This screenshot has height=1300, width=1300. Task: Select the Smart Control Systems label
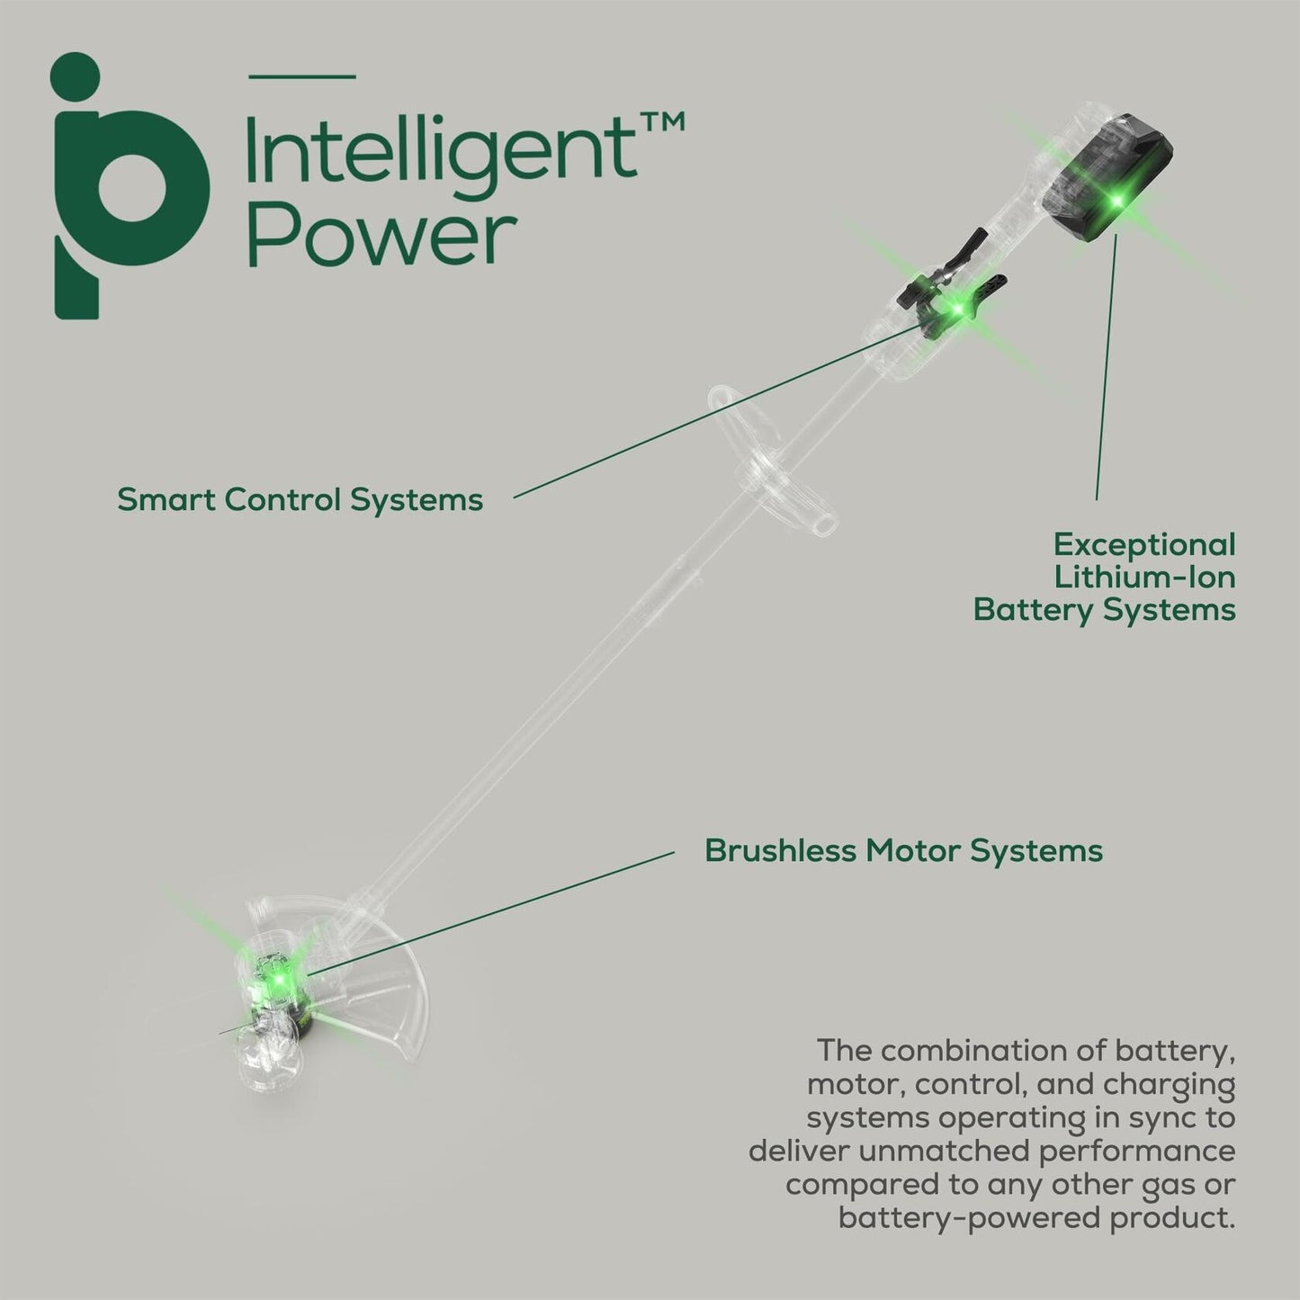[300, 499]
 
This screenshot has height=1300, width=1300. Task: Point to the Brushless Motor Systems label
[903, 850]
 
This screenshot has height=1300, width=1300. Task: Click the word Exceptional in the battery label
[1144, 544]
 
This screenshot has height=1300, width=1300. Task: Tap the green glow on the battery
[1118, 201]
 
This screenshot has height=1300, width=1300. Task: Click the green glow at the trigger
[958, 310]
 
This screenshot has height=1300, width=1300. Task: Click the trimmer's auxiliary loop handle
[765, 459]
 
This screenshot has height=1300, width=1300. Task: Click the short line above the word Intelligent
[301, 76]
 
